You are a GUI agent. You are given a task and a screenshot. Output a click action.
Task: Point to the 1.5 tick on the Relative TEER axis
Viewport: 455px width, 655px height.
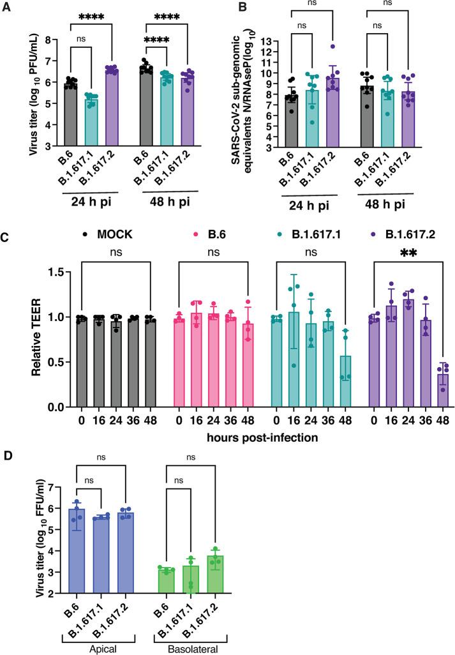tap(56, 273)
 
